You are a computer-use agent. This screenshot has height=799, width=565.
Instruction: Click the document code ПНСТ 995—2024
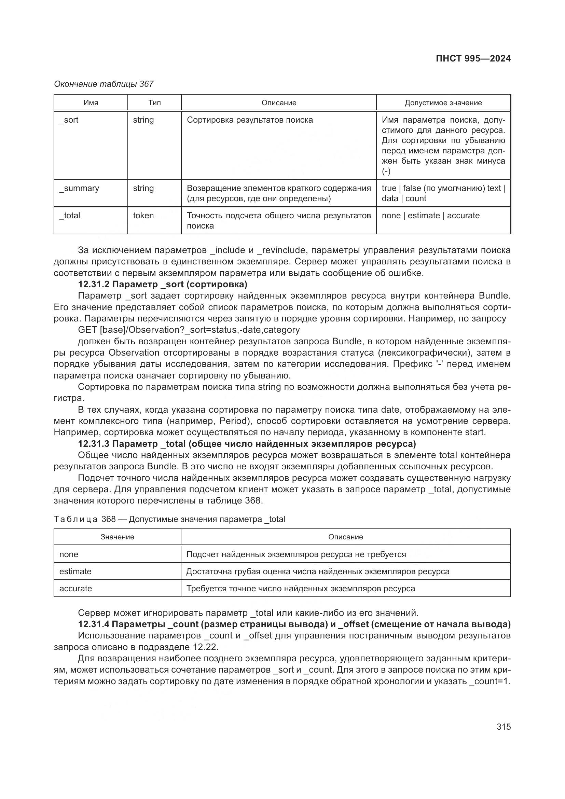tap(473, 58)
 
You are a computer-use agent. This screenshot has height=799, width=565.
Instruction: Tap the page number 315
tap(504, 726)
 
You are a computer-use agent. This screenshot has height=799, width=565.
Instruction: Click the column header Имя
tap(91, 103)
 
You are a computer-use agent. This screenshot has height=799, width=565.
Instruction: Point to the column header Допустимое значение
tap(443, 103)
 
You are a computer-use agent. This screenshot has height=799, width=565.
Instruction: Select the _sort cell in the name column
tap(69, 120)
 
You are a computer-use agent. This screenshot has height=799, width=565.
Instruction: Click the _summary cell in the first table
tap(79, 188)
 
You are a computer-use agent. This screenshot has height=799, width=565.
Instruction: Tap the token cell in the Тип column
tap(143, 216)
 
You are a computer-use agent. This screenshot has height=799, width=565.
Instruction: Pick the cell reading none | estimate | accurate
tap(430, 216)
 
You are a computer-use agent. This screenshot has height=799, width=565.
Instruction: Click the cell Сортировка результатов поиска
tap(250, 120)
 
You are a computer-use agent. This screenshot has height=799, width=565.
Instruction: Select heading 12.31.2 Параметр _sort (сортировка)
tap(163, 284)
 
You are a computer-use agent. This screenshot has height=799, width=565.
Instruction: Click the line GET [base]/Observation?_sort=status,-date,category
tap(189, 330)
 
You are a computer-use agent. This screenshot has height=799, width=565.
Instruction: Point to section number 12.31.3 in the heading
tap(94, 444)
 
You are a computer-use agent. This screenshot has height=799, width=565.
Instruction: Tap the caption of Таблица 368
tap(169, 519)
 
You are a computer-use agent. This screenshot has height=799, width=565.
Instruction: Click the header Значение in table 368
tap(117, 537)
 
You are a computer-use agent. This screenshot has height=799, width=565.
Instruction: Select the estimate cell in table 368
tap(75, 571)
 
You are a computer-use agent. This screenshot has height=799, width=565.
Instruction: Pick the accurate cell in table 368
tap(75, 588)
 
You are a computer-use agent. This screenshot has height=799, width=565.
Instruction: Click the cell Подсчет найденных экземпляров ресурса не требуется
tap(296, 554)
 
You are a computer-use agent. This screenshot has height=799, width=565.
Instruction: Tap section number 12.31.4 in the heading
tap(94, 624)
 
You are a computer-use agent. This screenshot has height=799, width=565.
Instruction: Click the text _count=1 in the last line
tap(488, 681)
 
